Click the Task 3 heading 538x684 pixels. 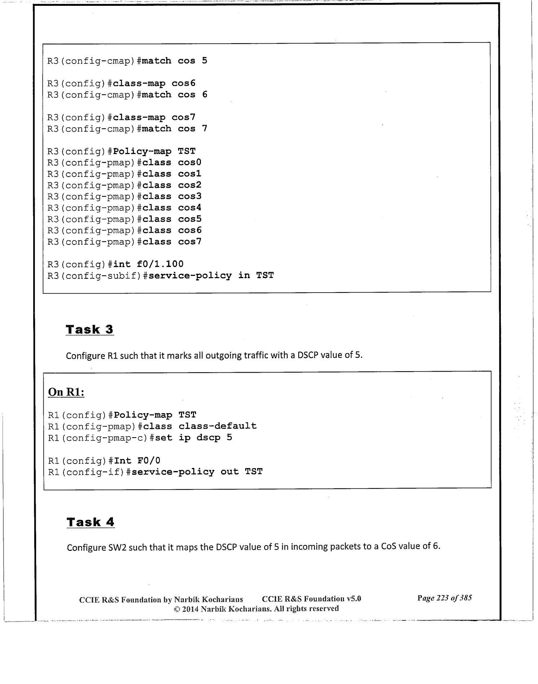tap(89, 329)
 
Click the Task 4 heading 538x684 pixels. tap(91, 522)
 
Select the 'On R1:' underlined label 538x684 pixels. tap(66, 392)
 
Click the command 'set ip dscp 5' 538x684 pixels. tap(194, 438)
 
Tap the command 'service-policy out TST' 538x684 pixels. tap(197, 472)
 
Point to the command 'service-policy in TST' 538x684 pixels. tap(211, 276)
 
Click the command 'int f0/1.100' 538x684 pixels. tap(148, 264)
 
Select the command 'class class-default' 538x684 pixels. tap(200, 426)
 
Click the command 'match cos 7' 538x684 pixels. tap(175, 129)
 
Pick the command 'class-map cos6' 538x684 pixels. tap(154, 83)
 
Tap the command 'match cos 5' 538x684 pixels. tap(175, 61)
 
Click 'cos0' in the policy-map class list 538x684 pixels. tap(190, 163)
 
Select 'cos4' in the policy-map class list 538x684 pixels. tap(190, 208)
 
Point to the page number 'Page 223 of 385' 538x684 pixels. tap(445, 598)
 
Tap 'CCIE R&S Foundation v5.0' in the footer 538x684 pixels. tap(311, 599)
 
